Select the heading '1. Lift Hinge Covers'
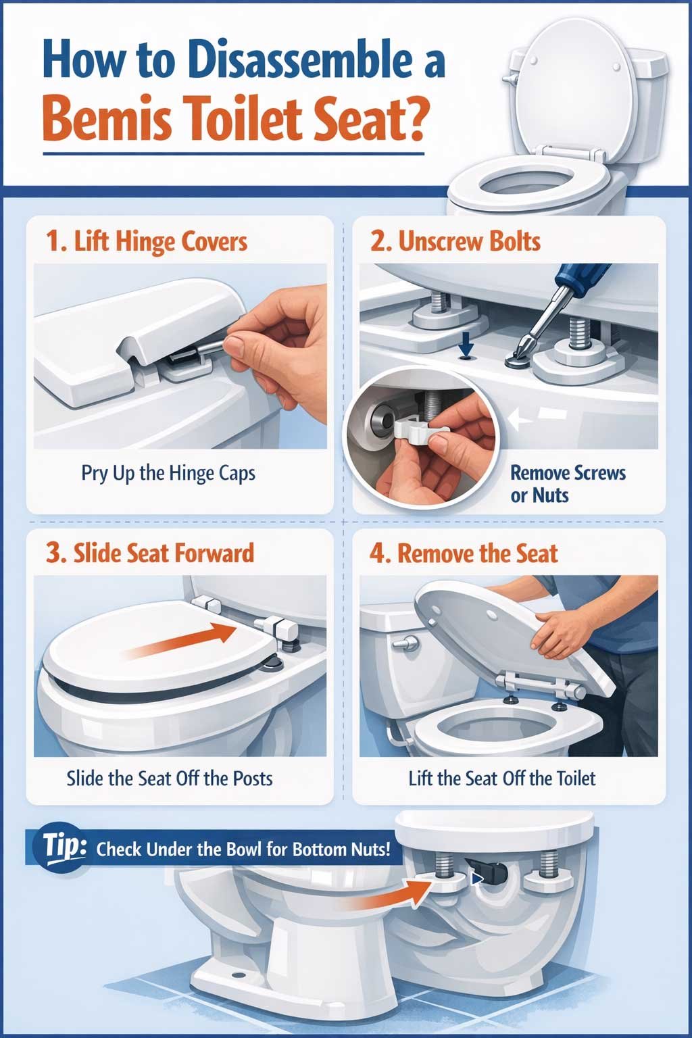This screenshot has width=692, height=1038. [x=147, y=241]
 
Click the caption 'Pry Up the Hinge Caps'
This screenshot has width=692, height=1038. [x=168, y=472]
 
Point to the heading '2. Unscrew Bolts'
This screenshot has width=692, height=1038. [x=455, y=241]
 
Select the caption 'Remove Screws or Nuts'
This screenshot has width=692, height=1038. [x=567, y=484]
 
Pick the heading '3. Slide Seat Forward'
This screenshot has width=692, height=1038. [x=150, y=553]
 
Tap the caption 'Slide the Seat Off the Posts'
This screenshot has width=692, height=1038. [x=170, y=778]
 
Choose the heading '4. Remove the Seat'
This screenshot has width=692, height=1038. [x=464, y=553]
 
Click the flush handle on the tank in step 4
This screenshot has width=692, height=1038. [x=406, y=643]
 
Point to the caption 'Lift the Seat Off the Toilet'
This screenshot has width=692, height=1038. [x=502, y=778]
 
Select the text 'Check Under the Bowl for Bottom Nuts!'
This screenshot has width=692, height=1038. [x=243, y=849]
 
